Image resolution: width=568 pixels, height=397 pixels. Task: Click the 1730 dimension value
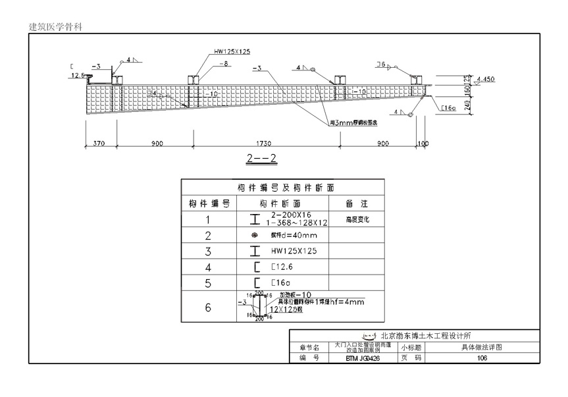click(266, 144)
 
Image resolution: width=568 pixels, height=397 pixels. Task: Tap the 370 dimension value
click(99, 144)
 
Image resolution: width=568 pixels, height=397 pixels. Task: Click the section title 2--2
click(261, 158)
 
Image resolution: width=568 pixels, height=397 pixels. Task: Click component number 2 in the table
click(208, 236)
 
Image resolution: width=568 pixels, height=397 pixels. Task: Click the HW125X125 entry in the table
click(294, 251)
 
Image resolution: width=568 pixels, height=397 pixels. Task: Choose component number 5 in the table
click(208, 283)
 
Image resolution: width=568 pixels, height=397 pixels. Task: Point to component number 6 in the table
click(208, 307)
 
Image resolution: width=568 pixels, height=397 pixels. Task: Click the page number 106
click(482, 358)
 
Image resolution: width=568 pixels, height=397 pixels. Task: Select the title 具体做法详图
click(482, 346)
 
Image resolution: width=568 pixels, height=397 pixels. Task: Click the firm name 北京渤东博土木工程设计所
click(425, 335)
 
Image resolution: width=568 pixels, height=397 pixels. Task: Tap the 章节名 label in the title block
click(309, 347)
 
